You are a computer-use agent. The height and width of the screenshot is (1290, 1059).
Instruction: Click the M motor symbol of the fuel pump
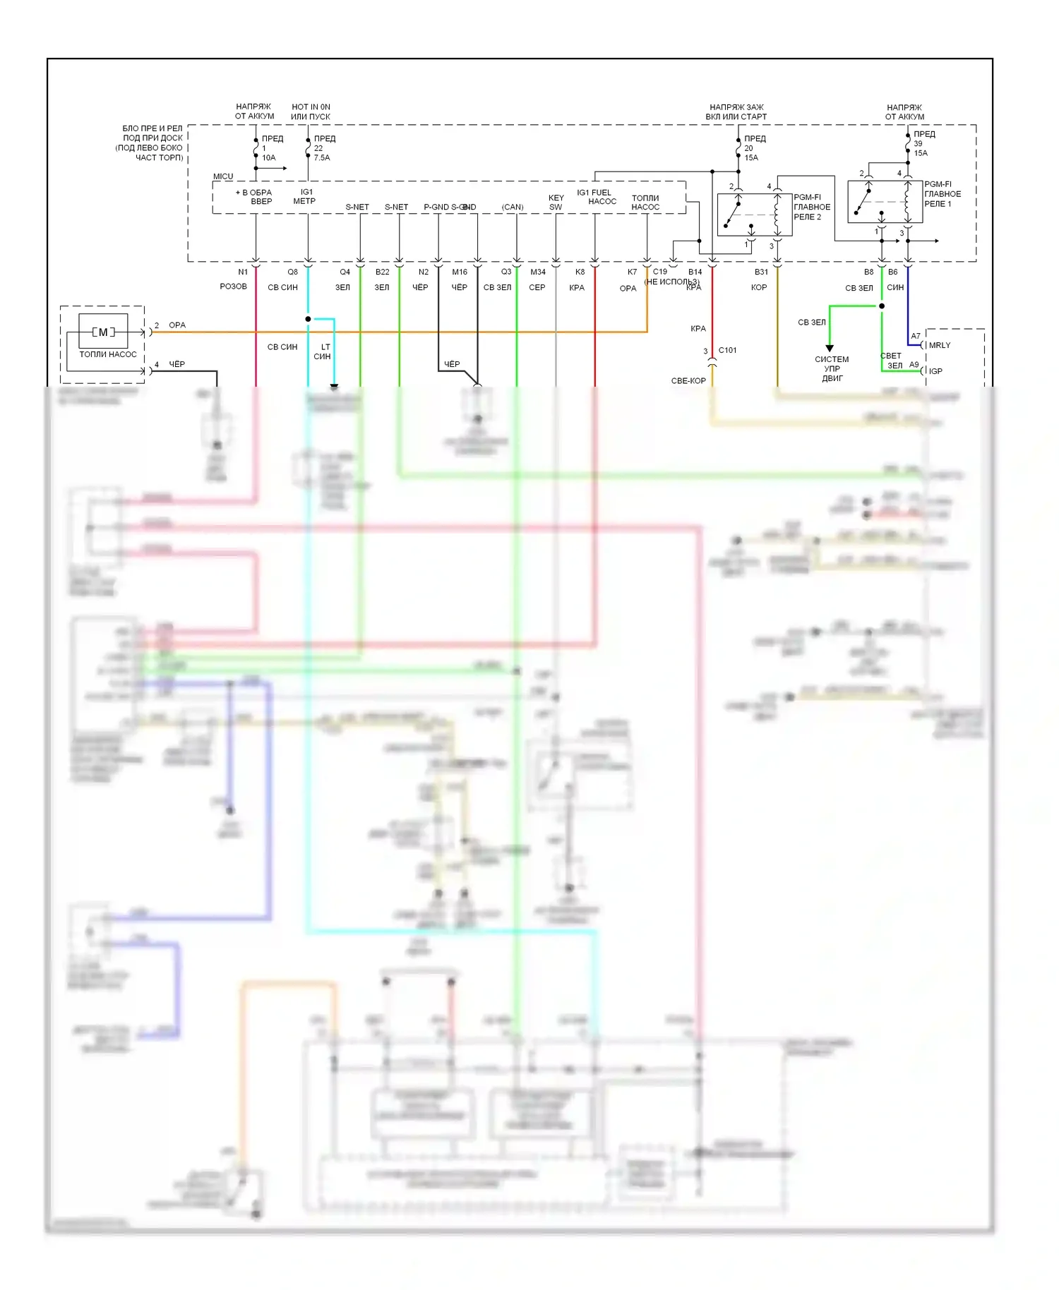point(103,332)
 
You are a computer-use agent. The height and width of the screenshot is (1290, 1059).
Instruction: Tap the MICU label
point(223,176)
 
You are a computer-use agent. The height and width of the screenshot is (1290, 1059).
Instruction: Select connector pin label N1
point(243,272)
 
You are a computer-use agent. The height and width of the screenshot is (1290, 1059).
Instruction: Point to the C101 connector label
point(727,350)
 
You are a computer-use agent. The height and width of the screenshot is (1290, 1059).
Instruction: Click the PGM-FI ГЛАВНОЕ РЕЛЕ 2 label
point(812,207)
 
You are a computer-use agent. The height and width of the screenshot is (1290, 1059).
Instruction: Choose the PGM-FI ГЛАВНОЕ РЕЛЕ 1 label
point(943,194)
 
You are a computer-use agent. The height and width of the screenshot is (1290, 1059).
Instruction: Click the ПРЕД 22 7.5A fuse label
point(324,148)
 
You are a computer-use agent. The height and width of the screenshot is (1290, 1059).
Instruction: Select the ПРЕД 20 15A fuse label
point(754,148)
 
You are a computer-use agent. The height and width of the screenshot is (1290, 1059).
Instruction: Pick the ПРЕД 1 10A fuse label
point(272,148)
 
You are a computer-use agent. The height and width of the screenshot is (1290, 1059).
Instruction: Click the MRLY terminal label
point(940,345)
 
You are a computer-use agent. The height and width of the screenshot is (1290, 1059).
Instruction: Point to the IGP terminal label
point(935,371)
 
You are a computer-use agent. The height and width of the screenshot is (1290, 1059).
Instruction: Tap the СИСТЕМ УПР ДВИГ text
point(832,368)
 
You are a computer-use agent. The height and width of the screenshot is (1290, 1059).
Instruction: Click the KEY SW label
point(556,203)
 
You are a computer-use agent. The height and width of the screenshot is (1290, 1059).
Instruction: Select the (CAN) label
point(513,207)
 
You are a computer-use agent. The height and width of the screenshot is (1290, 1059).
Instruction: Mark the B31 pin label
point(761,272)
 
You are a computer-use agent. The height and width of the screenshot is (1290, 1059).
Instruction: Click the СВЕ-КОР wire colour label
point(688,380)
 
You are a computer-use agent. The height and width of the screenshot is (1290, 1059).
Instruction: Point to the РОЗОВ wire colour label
point(234,287)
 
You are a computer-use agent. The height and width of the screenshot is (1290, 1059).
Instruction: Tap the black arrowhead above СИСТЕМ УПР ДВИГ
point(830,348)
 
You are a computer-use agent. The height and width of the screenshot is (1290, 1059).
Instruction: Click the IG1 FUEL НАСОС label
point(597,197)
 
